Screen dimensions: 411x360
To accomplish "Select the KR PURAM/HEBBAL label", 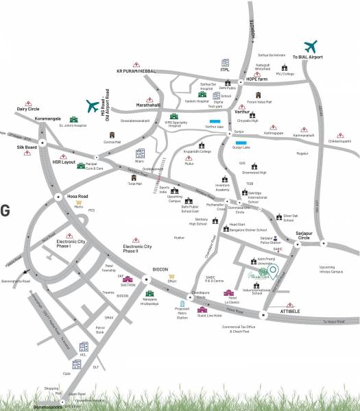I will [137, 71].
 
